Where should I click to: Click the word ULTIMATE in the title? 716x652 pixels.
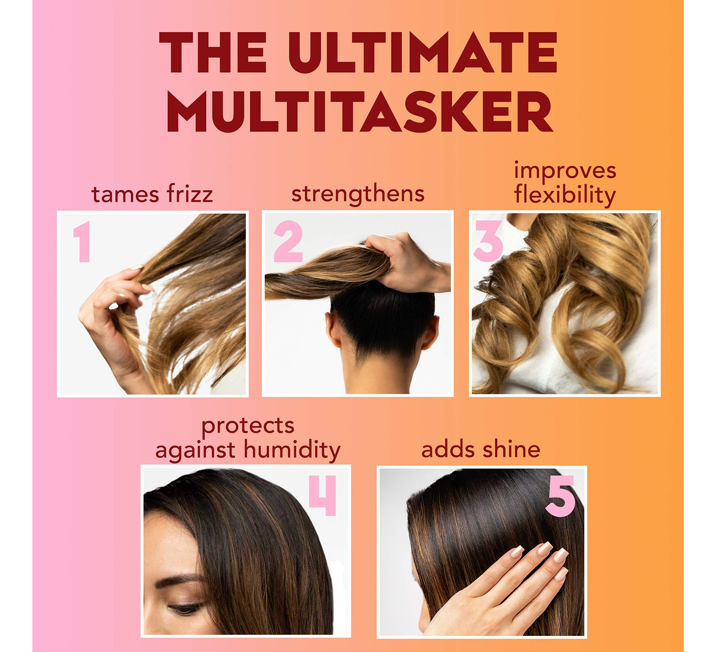tap(422, 52)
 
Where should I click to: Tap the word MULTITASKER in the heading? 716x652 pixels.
tap(360, 112)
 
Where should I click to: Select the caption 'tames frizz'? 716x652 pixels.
tap(152, 194)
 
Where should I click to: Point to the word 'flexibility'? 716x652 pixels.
tap(565, 195)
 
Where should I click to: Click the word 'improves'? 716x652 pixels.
tap(565, 171)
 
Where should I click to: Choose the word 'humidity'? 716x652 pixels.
tap(293, 450)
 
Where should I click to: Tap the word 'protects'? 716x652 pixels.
tap(248, 427)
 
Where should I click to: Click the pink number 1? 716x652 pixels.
tap(83, 242)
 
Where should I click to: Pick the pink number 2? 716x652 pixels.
tap(288, 241)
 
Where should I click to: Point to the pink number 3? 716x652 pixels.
tap(488, 241)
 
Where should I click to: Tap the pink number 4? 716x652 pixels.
tap(323, 496)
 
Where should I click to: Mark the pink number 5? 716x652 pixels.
tap(560, 496)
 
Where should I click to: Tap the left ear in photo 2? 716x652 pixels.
tap(333, 329)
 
